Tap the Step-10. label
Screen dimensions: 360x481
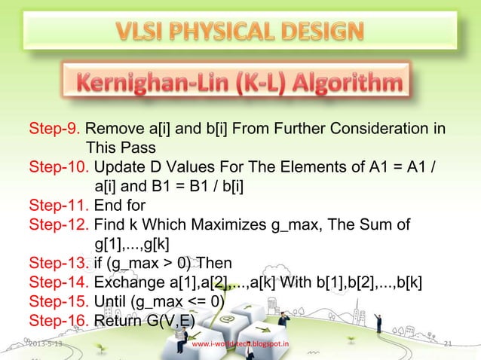pyautogui.click(x=59, y=166)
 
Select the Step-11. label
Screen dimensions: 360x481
pyautogui.click(x=59, y=205)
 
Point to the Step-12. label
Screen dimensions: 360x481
pyautogui.click(x=59, y=224)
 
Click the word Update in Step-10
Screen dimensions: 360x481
pyautogui.click(x=120, y=166)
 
